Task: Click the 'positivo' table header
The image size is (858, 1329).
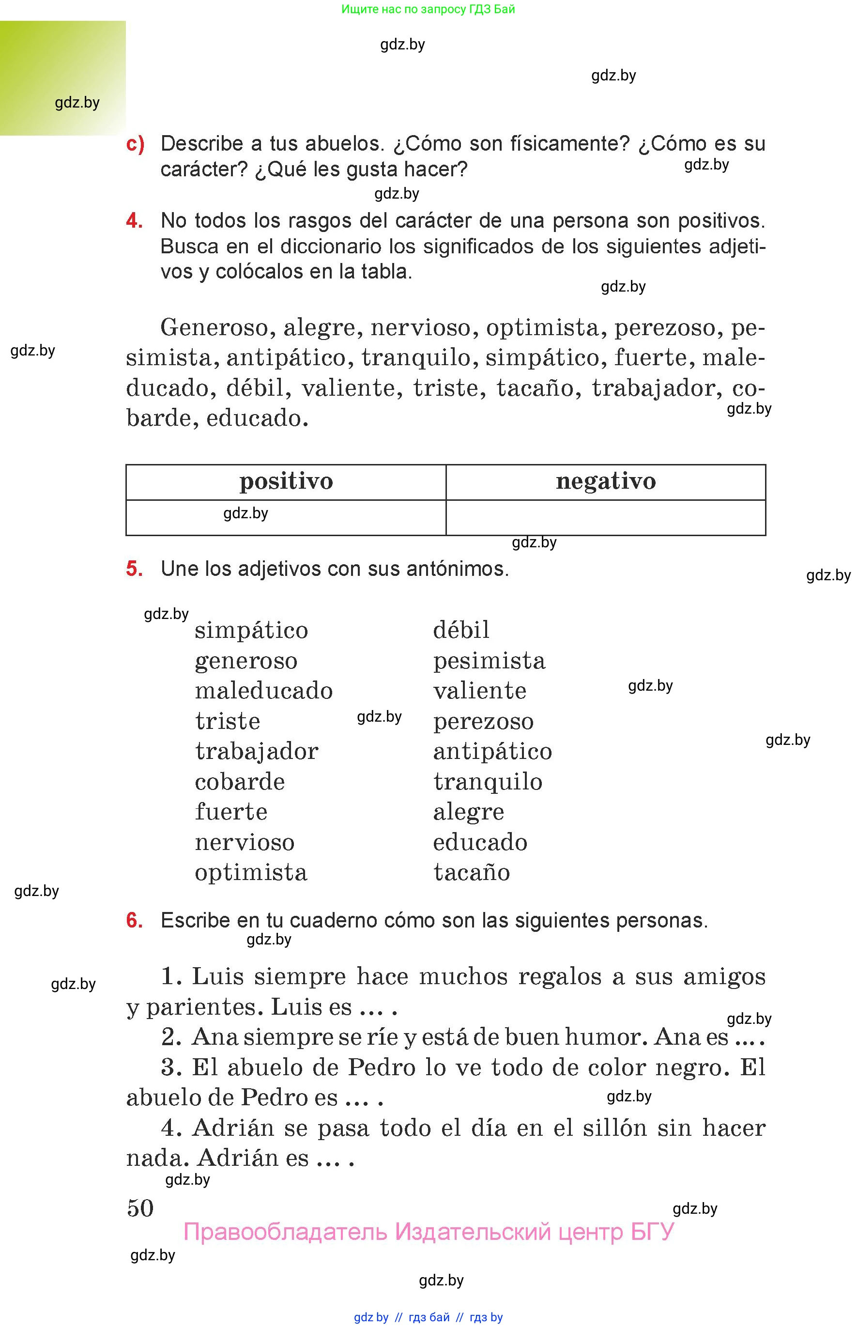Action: tap(286, 481)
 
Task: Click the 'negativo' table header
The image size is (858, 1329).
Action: tap(606, 481)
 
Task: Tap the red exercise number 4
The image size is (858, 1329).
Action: tap(134, 221)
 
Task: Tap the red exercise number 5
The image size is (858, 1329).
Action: tap(134, 569)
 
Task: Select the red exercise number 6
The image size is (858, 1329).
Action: tap(134, 921)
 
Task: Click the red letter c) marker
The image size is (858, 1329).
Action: tap(136, 144)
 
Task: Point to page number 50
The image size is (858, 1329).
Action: tap(140, 1208)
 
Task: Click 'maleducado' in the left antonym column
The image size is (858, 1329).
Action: tap(263, 691)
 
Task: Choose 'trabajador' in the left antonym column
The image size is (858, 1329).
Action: tap(256, 752)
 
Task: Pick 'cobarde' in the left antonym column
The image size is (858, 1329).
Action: tap(240, 782)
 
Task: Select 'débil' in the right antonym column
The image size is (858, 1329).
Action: tap(461, 630)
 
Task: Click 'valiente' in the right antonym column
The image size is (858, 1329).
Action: tap(480, 691)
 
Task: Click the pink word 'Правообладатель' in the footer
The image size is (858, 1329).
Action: tap(285, 1232)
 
